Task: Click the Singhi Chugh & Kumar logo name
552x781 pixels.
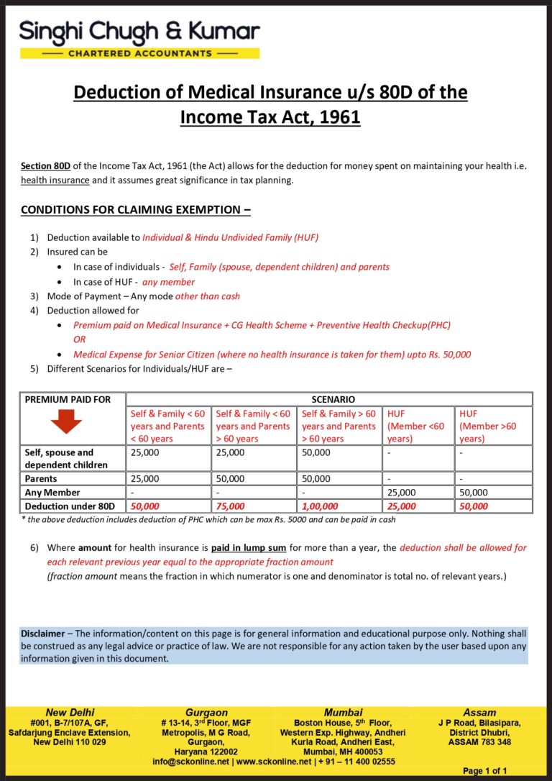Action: point(139,32)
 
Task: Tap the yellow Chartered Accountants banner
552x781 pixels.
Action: point(139,53)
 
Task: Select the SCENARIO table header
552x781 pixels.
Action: point(328,399)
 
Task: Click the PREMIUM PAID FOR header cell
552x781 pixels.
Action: point(68,399)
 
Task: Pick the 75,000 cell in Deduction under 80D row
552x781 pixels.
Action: point(230,506)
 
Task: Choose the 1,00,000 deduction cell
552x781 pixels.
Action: point(320,506)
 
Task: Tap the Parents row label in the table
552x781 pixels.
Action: point(40,478)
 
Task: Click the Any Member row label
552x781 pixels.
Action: point(52,493)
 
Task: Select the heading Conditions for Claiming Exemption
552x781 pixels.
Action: point(135,210)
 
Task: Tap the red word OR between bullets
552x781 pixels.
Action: point(80,339)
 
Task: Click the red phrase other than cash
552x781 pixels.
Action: point(208,296)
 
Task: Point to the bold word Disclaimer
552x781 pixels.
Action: point(42,634)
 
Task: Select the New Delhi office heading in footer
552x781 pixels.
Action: point(70,713)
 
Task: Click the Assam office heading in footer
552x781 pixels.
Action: point(479,713)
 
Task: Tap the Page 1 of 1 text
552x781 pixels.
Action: point(485,771)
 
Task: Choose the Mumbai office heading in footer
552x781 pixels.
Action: point(343,713)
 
